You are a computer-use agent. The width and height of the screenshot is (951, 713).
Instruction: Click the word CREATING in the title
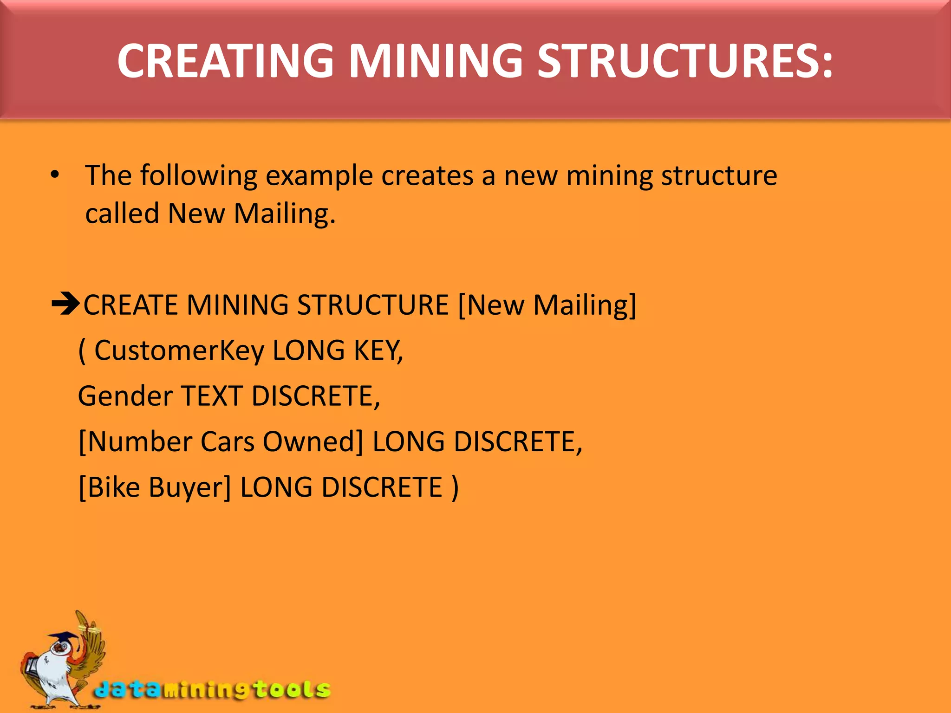pyautogui.click(x=225, y=61)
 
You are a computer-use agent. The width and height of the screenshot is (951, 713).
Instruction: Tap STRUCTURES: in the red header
pyautogui.click(x=685, y=61)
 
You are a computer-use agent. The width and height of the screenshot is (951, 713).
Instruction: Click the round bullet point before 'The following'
pyautogui.click(x=55, y=175)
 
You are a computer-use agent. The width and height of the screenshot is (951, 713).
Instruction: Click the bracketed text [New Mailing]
pyautogui.click(x=547, y=305)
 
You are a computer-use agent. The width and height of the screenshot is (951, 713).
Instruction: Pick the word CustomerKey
pyautogui.click(x=179, y=350)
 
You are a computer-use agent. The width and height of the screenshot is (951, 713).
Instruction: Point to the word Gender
pyautogui.click(x=125, y=396)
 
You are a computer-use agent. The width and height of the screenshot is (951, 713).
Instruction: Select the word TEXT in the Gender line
pyautogui.click(x=212, y=396)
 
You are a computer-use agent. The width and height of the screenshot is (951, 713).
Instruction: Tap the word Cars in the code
pyautogui.click(x=227, y=441)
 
